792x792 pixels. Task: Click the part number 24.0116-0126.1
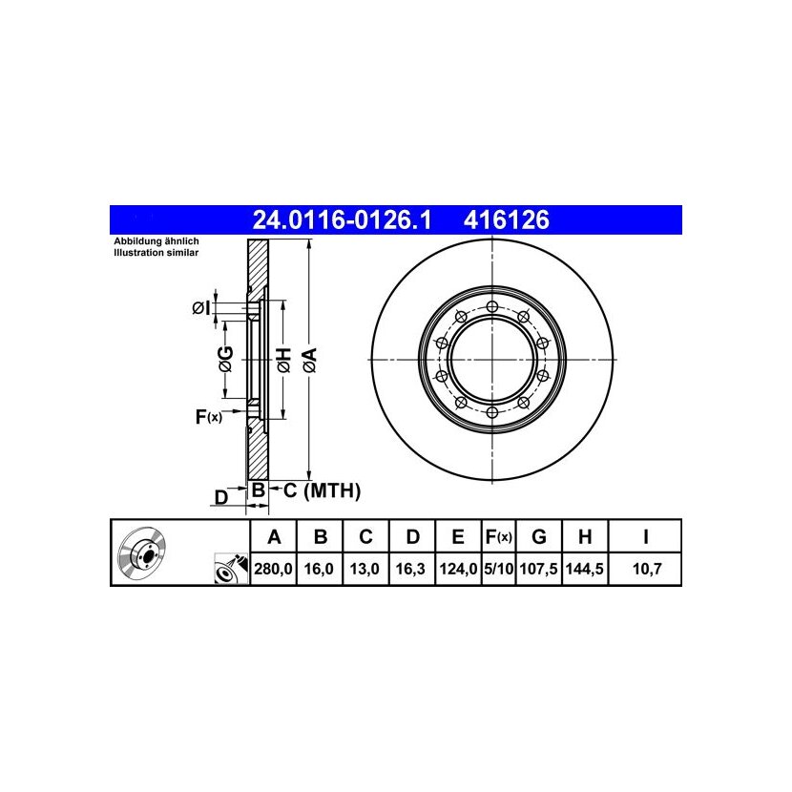[342, 220]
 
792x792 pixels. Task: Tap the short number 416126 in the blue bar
[506, 220]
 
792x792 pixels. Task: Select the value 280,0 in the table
[273, 570]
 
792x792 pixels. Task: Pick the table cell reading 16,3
[410, 570]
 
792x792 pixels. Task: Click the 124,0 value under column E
[458, 570]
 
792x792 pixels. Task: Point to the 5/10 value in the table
[498, 570]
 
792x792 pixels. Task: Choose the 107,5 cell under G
[538, 570]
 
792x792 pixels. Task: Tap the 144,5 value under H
[584, 570]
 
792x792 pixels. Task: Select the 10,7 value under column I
[647, 570]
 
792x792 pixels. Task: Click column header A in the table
[274, 537]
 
